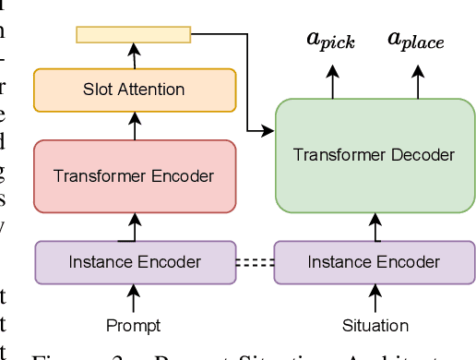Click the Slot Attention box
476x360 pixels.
tap(134, 90)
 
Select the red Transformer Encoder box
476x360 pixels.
tap(134, 175)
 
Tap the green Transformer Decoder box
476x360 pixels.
tap(374, 153)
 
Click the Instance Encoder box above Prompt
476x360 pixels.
tap(134, 262)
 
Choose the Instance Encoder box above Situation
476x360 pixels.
tap(374, 262)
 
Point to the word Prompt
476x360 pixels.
tap(134, 325)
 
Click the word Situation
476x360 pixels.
tap(375, 325)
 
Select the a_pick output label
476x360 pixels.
tap(330, 41)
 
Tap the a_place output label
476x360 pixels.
tap(415, 41)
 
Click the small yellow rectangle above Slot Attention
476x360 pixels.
tap(134, 35)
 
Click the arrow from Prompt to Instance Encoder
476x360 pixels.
tap(134, 298)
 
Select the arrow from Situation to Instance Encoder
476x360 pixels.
tap(375, 298)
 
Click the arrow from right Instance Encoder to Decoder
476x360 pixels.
tap(375, 225)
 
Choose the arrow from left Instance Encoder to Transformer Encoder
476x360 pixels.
tap(134, 225)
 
